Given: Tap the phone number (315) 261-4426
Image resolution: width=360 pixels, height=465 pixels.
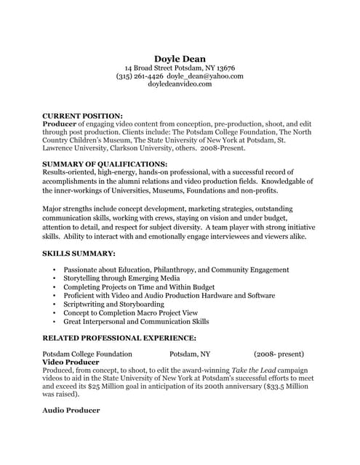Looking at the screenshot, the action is (140, 76).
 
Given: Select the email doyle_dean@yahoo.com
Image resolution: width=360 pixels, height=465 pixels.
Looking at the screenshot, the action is (205, 76).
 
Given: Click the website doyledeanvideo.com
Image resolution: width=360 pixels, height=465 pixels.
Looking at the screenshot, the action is (180, 84).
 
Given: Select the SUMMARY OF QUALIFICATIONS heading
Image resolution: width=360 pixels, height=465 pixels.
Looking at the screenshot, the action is (105, 164).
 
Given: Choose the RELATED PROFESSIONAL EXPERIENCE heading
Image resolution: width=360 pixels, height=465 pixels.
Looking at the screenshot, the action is (119, 338).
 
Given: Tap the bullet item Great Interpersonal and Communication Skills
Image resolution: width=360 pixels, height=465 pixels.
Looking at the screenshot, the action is (136, 321).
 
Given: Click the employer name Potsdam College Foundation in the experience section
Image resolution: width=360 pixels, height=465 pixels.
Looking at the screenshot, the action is (87, 354).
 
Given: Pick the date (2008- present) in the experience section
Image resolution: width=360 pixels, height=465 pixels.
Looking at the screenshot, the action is (280, 354).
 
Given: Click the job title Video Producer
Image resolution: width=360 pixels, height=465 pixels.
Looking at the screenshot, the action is (71, 362).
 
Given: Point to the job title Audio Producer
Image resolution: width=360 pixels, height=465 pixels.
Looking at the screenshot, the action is (71, 411).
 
